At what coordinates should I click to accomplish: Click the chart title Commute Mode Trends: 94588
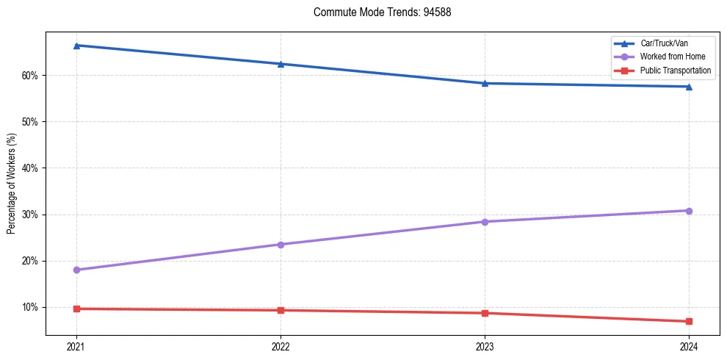[377, 12]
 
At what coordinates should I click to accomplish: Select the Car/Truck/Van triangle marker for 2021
[76, 46]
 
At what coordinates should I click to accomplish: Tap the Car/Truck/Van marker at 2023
[485, 83]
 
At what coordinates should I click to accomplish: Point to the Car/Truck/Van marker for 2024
[689, 87]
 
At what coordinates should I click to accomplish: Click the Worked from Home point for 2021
[76, 270]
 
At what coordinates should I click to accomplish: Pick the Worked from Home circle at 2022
[281, 244]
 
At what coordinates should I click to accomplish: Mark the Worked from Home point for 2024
[689, 211]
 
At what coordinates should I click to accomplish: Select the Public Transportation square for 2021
[76, 309]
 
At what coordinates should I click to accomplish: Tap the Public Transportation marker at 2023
[485, 313]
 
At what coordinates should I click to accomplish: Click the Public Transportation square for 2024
[689, 321]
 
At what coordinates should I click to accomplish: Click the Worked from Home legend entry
[668, 57]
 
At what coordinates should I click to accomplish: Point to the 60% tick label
[30, 76]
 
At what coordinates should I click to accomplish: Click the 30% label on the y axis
[30, 215]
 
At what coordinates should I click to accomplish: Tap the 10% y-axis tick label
[30, 307]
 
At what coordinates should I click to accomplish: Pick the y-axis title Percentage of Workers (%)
[12, 184]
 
